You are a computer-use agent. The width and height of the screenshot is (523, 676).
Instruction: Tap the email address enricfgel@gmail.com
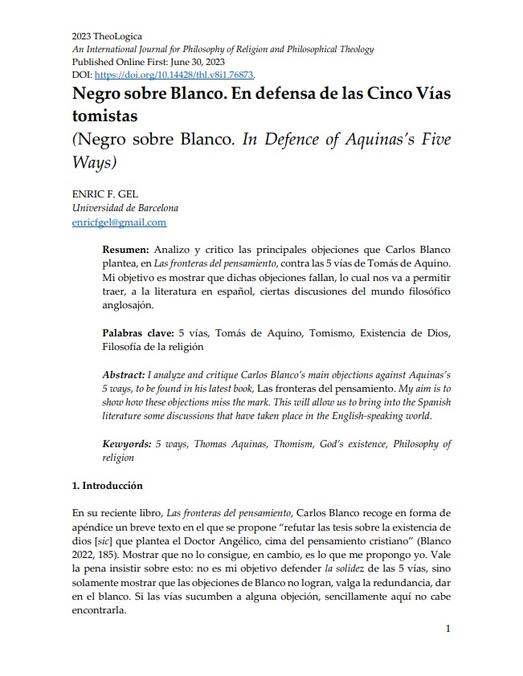tap(119, 222)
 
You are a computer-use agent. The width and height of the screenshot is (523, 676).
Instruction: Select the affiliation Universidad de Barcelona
tap(125, 209)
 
